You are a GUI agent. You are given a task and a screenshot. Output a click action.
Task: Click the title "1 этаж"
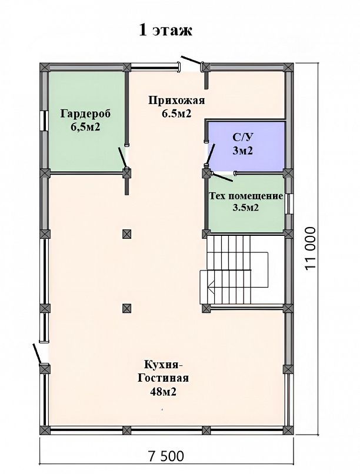[x=165, y=31]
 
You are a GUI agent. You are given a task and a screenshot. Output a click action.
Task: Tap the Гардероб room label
[x=86, y=114]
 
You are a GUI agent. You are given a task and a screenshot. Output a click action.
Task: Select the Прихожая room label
[x=177, y=101]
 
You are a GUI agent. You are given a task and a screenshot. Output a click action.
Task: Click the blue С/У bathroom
[x=245, y=146]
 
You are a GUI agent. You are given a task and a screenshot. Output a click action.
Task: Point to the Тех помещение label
[x=246, y=196]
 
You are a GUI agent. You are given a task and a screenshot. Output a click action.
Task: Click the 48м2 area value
[x=163, y=392]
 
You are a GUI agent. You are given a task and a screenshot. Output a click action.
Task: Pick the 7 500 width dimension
[x=166, y=456]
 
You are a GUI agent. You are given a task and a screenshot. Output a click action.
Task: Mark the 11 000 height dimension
[x=310, y=248]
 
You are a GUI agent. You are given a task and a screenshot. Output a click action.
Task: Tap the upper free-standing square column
[x=127, y=234]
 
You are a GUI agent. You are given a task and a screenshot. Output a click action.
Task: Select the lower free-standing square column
[x=127, y=308]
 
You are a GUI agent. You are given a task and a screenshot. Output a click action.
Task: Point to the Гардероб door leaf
[x=122, y=158]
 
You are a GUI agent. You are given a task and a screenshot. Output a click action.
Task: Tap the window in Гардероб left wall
[x=45, y=121]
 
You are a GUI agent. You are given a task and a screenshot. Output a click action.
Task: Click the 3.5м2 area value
[x=246, y=208]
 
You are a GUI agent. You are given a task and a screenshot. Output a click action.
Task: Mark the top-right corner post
[x=289, y=67]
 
